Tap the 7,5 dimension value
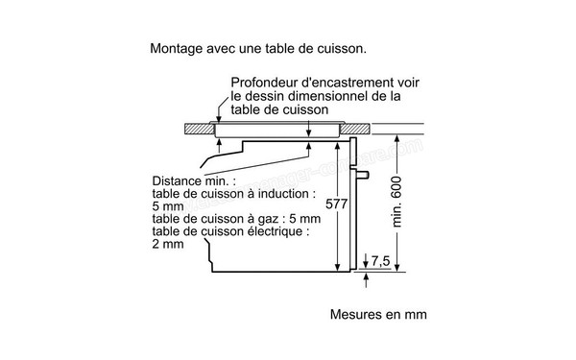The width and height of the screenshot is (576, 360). tap(381, 260)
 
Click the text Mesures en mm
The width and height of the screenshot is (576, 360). tap(377, 315)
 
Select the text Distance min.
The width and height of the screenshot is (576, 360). tap(188, 180)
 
